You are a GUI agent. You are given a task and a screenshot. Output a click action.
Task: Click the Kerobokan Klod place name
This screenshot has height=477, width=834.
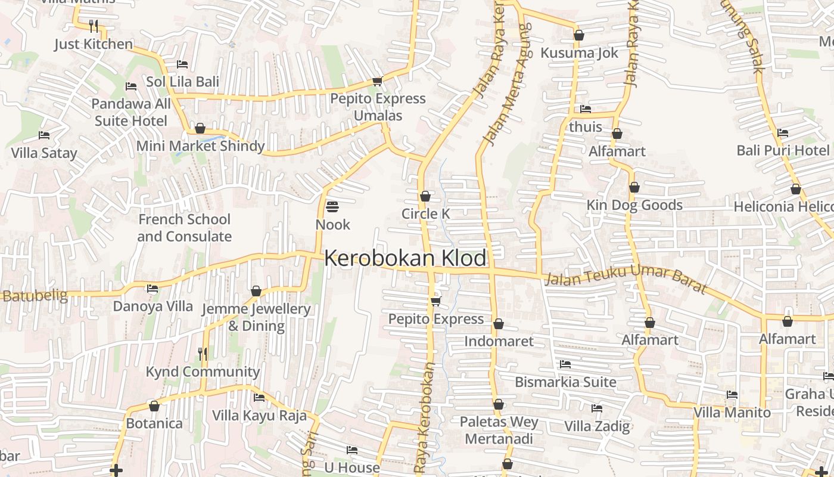405,258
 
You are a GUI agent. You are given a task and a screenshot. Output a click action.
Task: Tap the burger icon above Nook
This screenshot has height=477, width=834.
332,207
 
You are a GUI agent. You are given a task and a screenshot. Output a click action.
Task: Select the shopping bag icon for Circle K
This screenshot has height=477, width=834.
425,196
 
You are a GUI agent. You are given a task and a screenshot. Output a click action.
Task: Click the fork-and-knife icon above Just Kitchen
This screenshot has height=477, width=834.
94,26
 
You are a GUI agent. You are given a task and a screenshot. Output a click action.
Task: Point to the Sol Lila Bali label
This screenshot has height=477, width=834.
182,82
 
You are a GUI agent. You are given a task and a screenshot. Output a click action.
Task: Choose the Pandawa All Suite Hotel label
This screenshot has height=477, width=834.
131,112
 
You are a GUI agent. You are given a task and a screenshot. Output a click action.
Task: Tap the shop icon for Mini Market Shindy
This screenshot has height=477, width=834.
200,129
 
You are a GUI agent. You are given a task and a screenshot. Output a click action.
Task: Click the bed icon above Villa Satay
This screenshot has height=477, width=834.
44,135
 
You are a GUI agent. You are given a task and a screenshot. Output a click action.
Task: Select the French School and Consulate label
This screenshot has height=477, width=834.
184,228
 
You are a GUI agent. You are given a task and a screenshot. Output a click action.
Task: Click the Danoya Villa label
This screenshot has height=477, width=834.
153,306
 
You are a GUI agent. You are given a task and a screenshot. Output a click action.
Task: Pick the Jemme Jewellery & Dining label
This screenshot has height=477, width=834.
256,317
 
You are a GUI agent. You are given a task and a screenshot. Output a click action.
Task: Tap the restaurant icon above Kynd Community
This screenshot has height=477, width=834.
203,354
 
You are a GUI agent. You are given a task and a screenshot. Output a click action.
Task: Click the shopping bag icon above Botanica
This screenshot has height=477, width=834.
154,407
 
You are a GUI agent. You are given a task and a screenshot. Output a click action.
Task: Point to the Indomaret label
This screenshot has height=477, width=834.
499,341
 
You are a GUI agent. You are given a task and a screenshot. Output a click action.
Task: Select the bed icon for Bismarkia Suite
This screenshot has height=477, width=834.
565,364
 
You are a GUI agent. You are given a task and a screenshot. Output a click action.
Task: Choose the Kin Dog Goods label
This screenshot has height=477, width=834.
634,205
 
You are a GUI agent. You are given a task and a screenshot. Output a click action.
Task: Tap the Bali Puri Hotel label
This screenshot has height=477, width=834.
783,150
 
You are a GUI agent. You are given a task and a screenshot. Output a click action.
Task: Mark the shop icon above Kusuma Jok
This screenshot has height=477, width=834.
579,36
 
